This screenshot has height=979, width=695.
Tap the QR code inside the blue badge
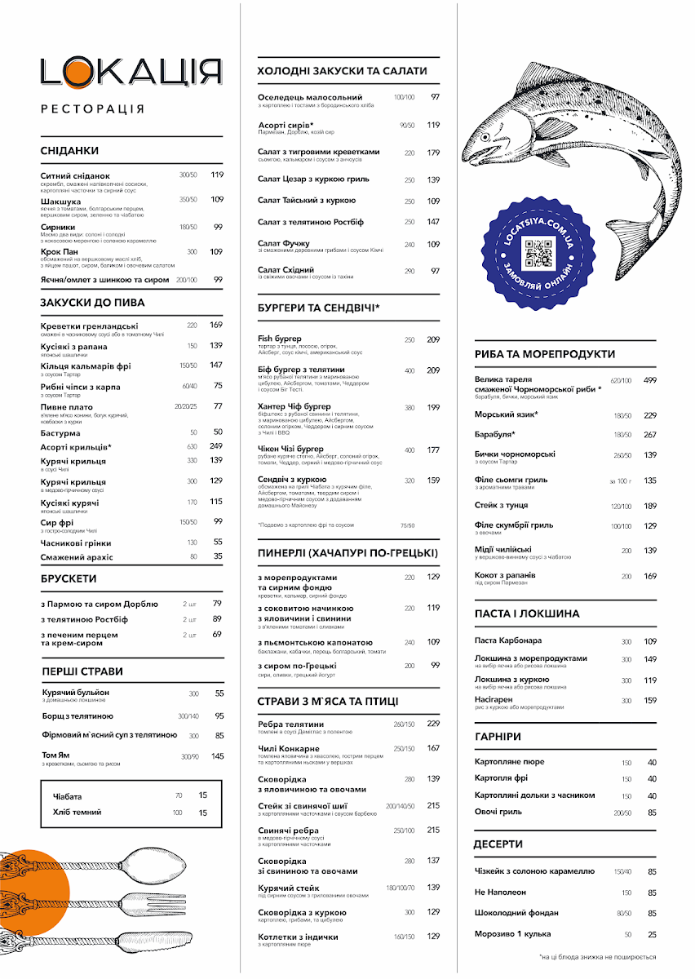click(538, 254)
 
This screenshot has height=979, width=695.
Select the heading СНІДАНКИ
click(69, 151)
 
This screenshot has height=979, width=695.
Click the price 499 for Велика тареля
click(650, 380)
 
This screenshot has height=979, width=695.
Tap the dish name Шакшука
click(61, 201)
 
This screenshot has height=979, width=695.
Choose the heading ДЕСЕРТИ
click(498, 844)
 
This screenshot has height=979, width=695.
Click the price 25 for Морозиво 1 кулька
click(652, 934)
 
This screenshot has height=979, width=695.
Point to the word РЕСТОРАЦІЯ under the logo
click(92, 109)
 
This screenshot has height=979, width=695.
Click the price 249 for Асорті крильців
click(216, 446)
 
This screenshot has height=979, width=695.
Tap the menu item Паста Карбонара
click(508, 640)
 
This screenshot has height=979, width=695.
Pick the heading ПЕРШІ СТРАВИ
click(82, 671)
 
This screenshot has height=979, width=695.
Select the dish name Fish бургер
click(280, 339)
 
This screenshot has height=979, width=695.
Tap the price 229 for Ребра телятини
click(433, 724)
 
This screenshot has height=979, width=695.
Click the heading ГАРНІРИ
click(498, 736)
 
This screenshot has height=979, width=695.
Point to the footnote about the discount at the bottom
click(598, 957)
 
